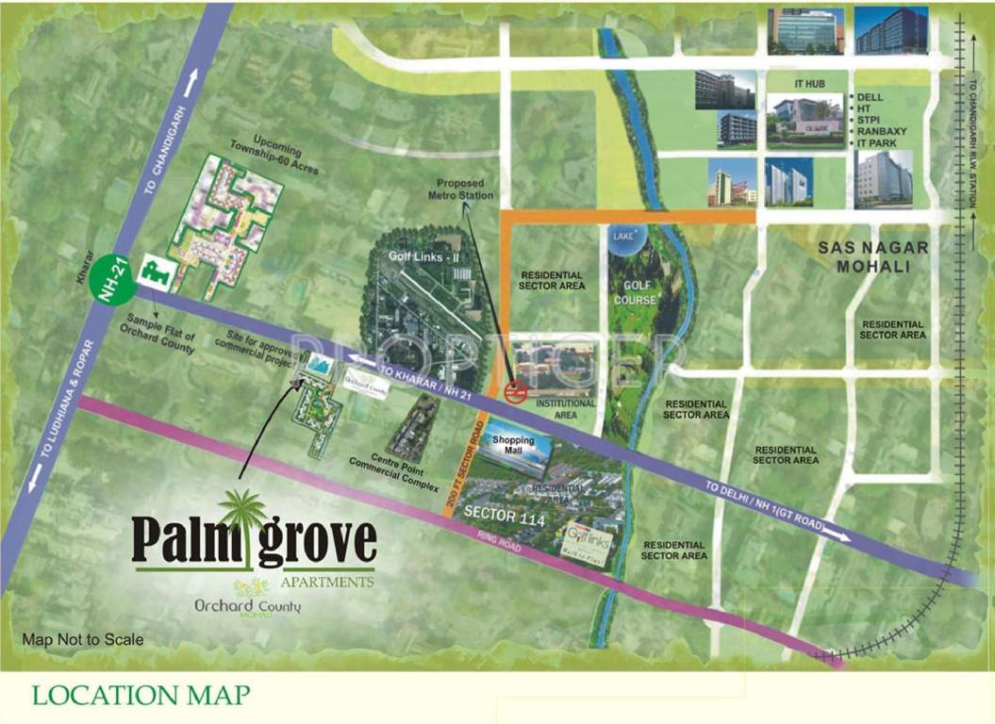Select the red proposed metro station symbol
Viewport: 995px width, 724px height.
[x=515, y=390]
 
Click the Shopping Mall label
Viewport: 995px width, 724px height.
[x=513, y=446]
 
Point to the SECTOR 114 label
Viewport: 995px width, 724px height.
[x=503, y=516]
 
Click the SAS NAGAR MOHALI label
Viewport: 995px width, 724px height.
[x=873, y=256]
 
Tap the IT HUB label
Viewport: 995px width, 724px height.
[x=809, y=84]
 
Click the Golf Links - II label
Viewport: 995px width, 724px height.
[x=422, y=255]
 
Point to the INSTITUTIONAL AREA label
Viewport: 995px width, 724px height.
[x=566, y=408]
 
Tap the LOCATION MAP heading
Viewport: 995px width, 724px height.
[x=141, y=696]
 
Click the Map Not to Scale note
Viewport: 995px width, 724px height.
[x=83, y=639]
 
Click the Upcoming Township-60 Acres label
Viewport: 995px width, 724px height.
[x=274, y=157]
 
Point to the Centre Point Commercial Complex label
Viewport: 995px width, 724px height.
[x=394, y=472]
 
